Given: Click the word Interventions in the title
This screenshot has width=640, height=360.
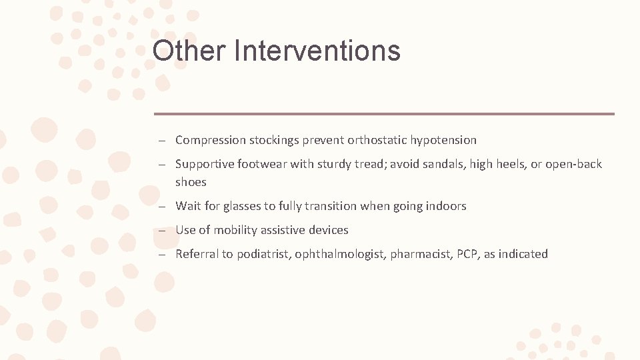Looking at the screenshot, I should pyautogui.click(x=317, y=51).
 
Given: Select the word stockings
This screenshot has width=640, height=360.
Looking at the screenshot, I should pyautogui.click(x=274, y=140).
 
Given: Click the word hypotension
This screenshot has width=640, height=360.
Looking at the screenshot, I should pyautogui.click(x=443, y=140).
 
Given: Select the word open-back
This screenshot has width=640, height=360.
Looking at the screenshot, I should pyautogui.click(x=573, y=164).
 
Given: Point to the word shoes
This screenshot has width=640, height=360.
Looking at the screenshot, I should pyautogui.click(x=191, y=182).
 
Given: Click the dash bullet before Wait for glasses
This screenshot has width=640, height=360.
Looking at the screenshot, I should pyautogui.click(x=162, y=207).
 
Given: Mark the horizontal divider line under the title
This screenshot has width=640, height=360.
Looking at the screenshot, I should pyautogui.click(x=384, y=113).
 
